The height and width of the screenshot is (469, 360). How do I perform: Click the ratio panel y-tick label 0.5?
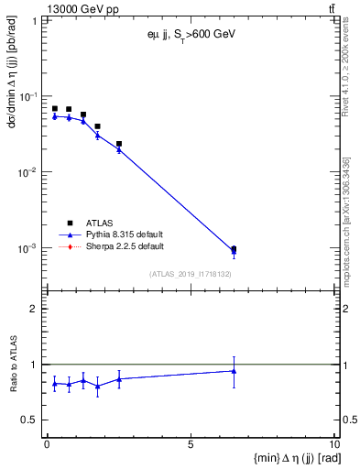32,420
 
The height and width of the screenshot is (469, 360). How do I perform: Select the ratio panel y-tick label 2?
38,309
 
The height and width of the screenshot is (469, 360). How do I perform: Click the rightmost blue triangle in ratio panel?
234,371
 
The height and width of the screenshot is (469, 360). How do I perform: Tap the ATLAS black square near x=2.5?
119,144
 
